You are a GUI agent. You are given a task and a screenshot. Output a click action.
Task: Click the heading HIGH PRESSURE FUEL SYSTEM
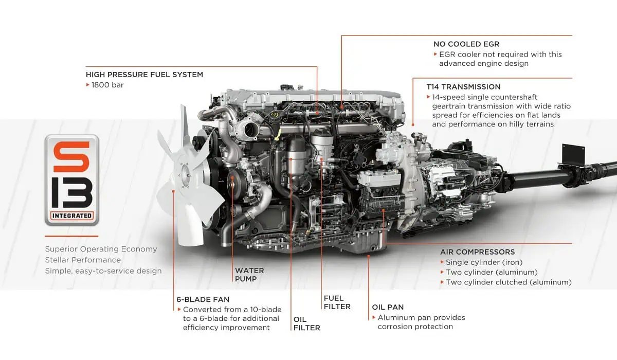(144, 75)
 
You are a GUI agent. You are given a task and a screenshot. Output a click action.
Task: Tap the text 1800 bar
(107, 85)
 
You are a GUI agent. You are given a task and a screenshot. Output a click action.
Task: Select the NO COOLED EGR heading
(466, 44)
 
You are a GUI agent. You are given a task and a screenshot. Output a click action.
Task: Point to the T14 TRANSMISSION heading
(463, 87)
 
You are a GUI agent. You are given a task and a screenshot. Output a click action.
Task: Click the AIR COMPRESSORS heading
(477, 252)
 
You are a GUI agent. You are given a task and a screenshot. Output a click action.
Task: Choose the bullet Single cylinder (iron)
(484, 262)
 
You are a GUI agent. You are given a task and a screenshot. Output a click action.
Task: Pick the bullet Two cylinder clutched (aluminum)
(509, 282)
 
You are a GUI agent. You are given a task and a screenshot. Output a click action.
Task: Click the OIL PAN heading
(388, 307)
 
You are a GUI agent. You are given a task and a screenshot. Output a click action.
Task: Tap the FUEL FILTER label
(337, 302)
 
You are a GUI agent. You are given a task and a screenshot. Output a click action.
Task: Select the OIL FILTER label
(306, 323)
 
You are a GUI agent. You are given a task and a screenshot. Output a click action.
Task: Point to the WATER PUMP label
(249, 275)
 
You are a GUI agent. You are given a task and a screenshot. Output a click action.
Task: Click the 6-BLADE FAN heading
(203, 299)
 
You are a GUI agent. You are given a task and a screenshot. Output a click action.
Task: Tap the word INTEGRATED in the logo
(72, 215)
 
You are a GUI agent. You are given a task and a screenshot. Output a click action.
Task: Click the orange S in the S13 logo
(71, 157)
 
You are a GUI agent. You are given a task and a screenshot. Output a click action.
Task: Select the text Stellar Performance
(83, 260)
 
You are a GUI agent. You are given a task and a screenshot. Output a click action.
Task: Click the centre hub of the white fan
(187, 175)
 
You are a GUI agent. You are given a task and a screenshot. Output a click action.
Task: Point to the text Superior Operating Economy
(101, 249)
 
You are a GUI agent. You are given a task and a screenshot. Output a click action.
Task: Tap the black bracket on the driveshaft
(573, 154)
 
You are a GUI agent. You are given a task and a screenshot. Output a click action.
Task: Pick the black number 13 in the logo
(71, 192)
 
